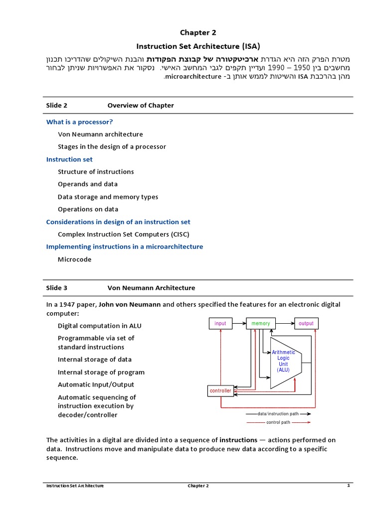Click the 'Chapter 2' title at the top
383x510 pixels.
click(x=198, y=33)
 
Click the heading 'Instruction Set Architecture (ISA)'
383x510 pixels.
click(x=198, y=46)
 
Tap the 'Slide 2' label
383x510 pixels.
click(x=57, y=106)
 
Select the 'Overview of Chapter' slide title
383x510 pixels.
click(x=141, y=106)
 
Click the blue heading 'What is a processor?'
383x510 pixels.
click(x=79, y=122)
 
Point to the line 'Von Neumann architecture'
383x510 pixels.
click(x=100, y=134)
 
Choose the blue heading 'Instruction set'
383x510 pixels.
click(x=69, y=159)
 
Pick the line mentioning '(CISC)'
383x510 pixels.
click(x=124, y=234)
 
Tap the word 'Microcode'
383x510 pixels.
click(x=75, y=259)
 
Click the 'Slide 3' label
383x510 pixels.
click(x=57, y=288)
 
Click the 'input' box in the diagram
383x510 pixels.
click(x=220, y=324)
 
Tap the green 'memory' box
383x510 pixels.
click(x=261, y=324)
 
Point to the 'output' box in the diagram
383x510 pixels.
click(x=306, y=324)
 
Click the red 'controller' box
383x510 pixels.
click(x=220, y=391)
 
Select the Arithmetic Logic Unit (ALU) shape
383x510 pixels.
click(x=283, y=361)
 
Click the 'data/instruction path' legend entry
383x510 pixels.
click(x=278, y=414)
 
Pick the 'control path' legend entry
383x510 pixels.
click(x=278, y=422)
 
